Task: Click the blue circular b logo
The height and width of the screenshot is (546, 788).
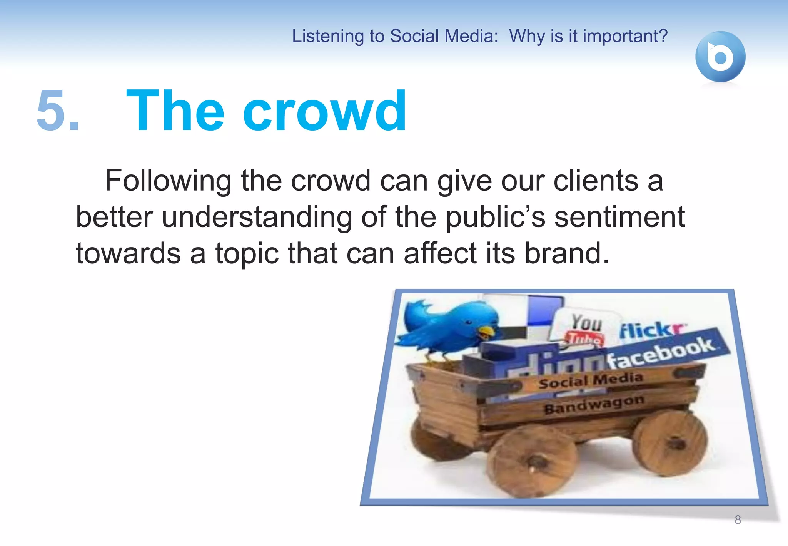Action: [x=720, y=57]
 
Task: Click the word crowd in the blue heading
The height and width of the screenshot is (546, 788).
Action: [x=324, y=111]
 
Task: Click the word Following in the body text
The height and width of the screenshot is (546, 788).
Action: [x=168, y=181]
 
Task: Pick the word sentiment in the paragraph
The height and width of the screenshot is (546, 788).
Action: [x=619, y=217]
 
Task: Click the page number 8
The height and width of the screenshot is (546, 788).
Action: [x=738, y=520]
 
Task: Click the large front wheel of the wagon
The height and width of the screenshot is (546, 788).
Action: [x=533, y=460]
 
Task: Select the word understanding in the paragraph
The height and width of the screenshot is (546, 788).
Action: [x=257, y=217]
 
